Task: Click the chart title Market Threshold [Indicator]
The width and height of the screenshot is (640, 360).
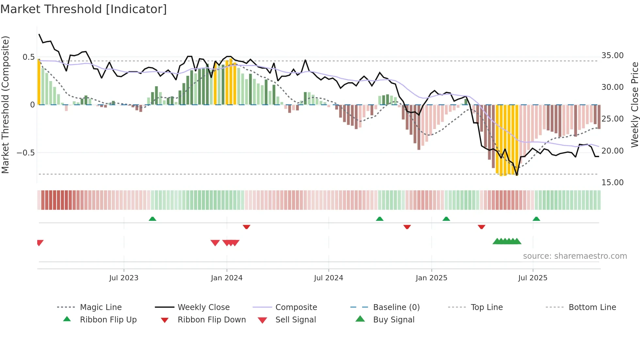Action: click(84, 9)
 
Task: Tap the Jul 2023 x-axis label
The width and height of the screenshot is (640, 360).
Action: click(124, 278)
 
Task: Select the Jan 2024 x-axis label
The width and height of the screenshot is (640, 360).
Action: click(227, 278)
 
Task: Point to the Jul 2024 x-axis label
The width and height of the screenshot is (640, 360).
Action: click(328, 278)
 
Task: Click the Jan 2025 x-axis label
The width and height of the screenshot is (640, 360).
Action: click(431, 278)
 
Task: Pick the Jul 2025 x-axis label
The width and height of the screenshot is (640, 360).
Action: click(533, 278)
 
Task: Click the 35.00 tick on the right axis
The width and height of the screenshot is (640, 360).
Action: click(613, 56)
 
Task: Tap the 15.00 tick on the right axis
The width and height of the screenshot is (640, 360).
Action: click(613, 183)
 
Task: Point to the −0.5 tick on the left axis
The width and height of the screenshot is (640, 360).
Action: click(25, 153)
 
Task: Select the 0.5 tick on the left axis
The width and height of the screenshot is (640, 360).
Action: click(28, 57)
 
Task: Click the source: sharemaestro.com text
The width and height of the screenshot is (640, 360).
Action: click(575, 256)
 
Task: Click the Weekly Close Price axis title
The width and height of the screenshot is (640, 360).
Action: click(634, 105)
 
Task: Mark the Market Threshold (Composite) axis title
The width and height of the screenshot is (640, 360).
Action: click(5, 105)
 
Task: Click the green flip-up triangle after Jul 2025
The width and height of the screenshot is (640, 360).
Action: click(536, 219)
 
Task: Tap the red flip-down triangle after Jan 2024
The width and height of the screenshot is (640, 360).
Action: click(247, 227)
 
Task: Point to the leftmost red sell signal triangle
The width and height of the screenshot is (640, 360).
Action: click(40, 243)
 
